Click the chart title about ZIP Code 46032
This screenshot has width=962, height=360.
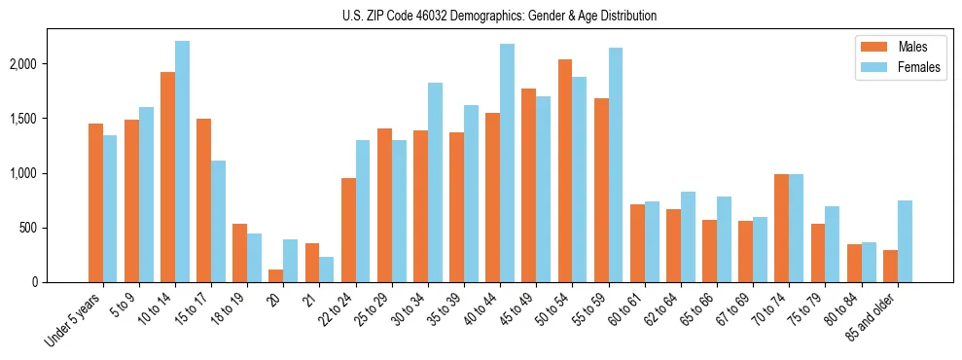point(499,16)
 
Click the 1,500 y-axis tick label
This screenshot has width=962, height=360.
point(49,119)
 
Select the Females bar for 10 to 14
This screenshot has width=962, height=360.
point(182,162)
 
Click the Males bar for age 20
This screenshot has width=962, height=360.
point(275,275)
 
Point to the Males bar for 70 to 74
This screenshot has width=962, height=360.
point(780,229)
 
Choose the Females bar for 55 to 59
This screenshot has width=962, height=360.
point(615,165)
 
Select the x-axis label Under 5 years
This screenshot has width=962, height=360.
point(75,319)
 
